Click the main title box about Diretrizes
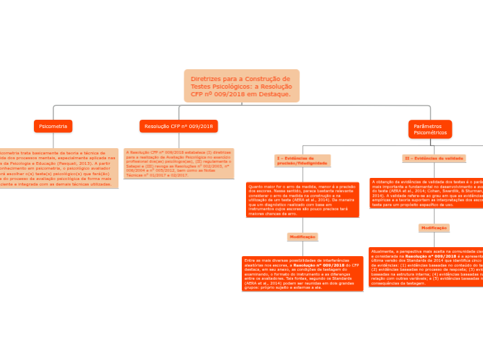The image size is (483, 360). point(242,85)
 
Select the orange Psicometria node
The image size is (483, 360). point(53,126)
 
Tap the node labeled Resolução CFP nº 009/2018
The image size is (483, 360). point(179,126)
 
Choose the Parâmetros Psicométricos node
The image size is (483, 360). point(430,129)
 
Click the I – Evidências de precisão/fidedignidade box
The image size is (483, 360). point(302,161)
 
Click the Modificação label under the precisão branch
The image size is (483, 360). point(302,237)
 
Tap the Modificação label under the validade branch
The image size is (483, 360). point(434,228)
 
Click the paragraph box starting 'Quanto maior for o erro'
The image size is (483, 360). point(302,199)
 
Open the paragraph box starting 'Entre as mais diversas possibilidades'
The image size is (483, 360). point(299,273)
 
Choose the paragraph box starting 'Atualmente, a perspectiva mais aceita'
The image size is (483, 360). point(426,267)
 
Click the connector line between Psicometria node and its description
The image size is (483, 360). point(53,139)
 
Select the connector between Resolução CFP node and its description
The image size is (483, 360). point(179,139)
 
